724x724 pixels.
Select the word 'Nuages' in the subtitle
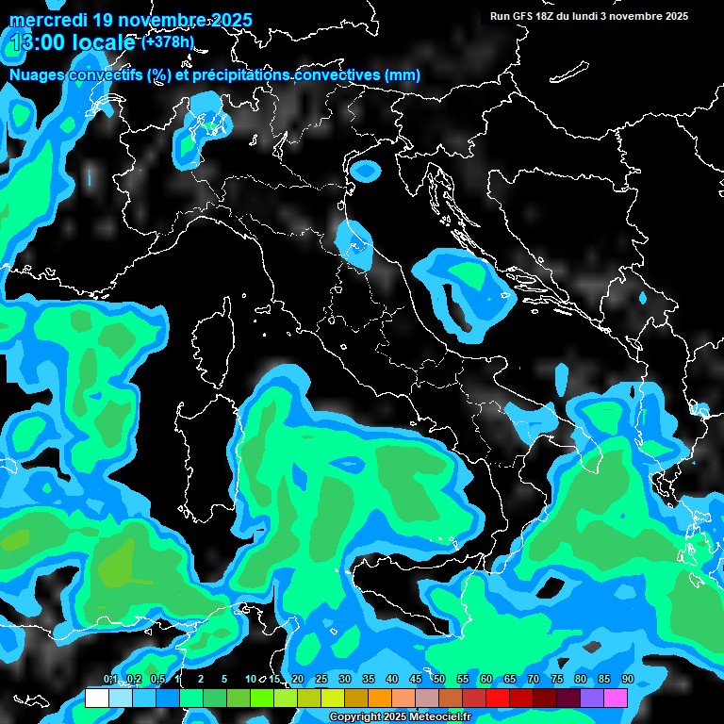pyautogui.click(x=39, y=74)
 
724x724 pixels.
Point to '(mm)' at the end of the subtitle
pyautogui.click(x=403, y=74)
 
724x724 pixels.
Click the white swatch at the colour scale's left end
pyautogui.click(x=96, y=698)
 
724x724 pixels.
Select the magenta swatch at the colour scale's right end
pyautogui.click(x=616, y=698)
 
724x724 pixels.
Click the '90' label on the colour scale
pyautogui.click(x=628, y=679)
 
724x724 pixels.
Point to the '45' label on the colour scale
pyautogui.click(x=416, y=679)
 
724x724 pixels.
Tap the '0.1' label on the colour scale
pyautogui.click(x=109, y=679)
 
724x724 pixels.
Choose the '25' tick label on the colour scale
pyautogui.click(x=321, y=679)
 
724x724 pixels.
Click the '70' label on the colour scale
pyautogui.click(x=534, y=679)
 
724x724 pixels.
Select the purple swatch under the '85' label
pyautogui.click(x=592, y=698)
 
